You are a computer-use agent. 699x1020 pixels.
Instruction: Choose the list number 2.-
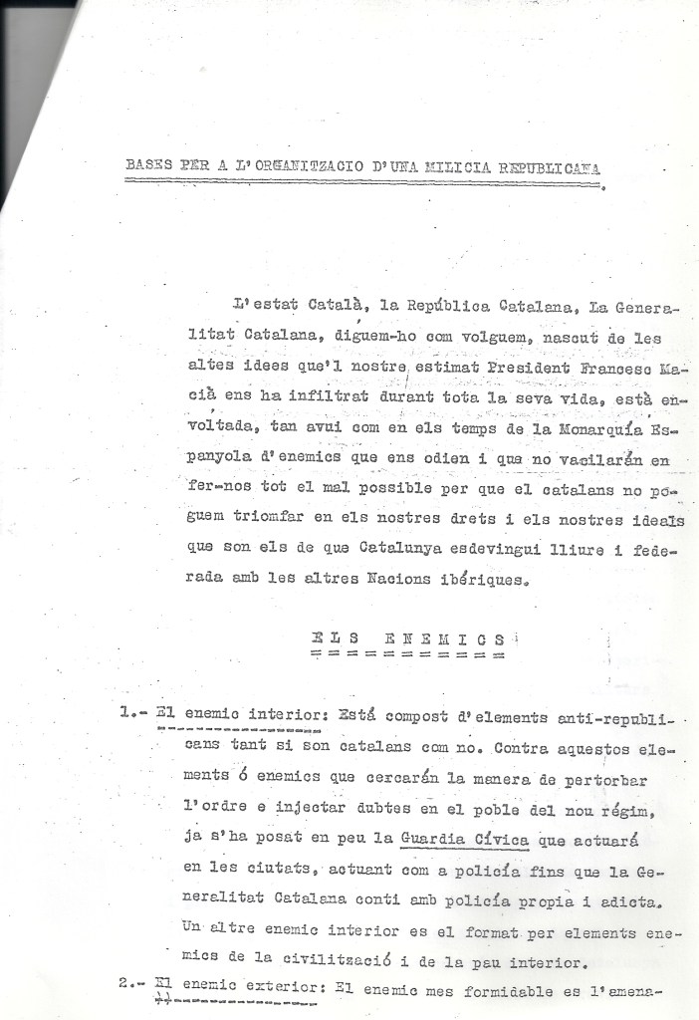(132, 983)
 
